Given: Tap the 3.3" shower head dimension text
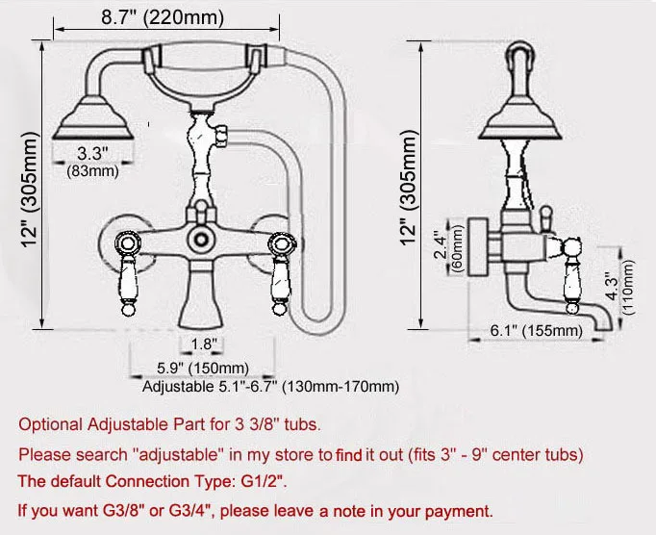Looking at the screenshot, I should tap(92, 152).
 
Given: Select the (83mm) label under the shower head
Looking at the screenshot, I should tap(92, 171).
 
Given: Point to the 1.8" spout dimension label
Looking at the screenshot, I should tap(203, 344).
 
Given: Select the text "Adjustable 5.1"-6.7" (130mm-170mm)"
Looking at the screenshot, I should tap(270, 387).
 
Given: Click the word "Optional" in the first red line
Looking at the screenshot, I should tap(48, 424).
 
